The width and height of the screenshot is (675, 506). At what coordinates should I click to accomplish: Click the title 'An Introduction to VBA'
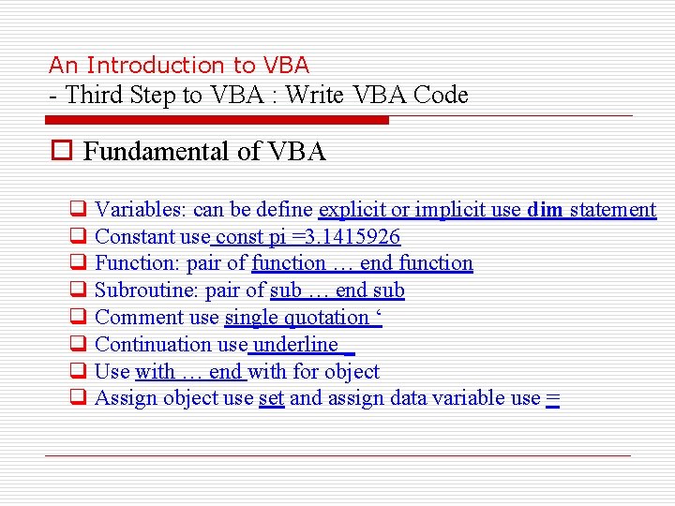pos(178,65)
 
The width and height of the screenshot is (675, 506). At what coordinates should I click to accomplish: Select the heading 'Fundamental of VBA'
pos(204,152)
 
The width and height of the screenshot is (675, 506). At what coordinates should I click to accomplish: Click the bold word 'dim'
pos(545,210)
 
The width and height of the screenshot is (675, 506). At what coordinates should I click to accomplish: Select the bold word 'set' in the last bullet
pos(271,398)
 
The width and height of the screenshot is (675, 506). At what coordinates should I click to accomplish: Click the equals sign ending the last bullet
pos(552,398)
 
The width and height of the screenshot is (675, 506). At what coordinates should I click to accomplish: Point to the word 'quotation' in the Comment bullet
pos(324,318)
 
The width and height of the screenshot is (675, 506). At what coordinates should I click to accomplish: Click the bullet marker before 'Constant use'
pos(78,237)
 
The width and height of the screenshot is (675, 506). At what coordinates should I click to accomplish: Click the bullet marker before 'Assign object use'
pos(78,398)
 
